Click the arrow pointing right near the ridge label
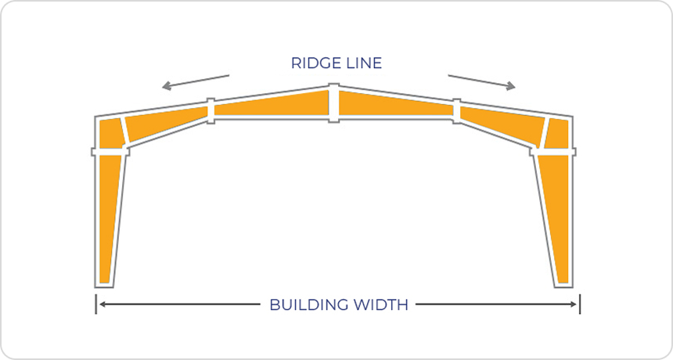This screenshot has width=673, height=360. (x=481, y=82)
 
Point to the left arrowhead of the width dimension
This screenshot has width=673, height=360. (x=101, y=304)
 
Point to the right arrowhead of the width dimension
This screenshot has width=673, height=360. (x=574, y=304)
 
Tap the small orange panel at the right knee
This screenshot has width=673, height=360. (x=559, y=133)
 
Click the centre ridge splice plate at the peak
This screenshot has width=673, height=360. (x=333, y=103)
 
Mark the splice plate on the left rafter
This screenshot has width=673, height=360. (x=210, y=110)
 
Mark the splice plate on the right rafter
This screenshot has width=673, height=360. (x=457, y=110)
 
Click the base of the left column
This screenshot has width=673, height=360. (x=103, y=283)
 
